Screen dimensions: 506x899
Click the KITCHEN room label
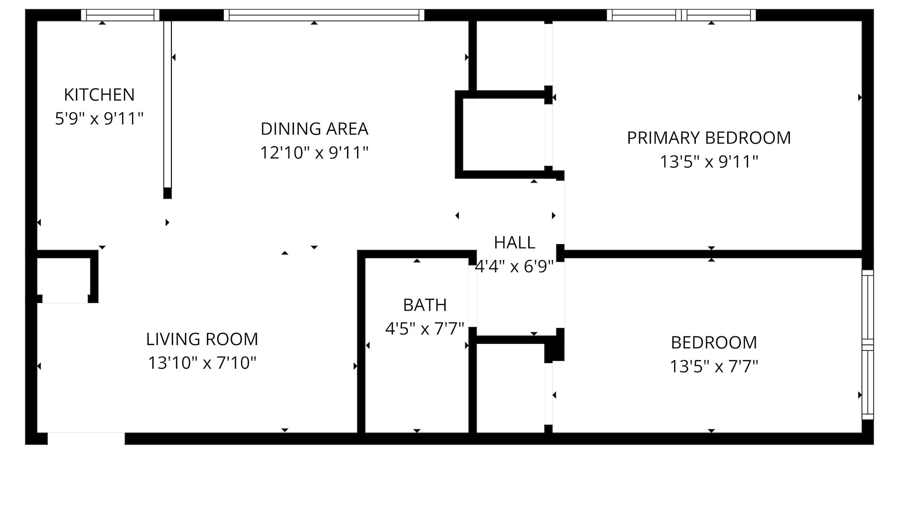point(99,95)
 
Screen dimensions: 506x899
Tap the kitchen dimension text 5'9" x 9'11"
point(99,119)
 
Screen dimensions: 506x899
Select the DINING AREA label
point(314,128)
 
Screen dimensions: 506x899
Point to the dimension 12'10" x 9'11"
point(314,152)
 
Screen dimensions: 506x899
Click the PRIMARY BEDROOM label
point(708,138)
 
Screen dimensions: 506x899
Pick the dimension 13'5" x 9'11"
point(708,162)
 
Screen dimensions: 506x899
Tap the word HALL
point(514,242)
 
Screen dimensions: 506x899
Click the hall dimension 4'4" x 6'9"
point(514,267)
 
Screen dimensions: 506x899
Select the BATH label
point(425,305)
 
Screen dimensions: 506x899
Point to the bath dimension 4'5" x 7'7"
point(424,328)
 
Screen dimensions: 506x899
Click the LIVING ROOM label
point(202,339)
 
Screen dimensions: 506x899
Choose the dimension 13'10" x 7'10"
point(202,363)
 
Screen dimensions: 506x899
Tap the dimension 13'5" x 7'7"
point(714,366)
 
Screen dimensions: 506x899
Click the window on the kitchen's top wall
point(120,15)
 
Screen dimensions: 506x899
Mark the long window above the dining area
point(324,15)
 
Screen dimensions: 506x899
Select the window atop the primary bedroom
point(681,15)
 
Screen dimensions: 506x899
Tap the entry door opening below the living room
point(86,439)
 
